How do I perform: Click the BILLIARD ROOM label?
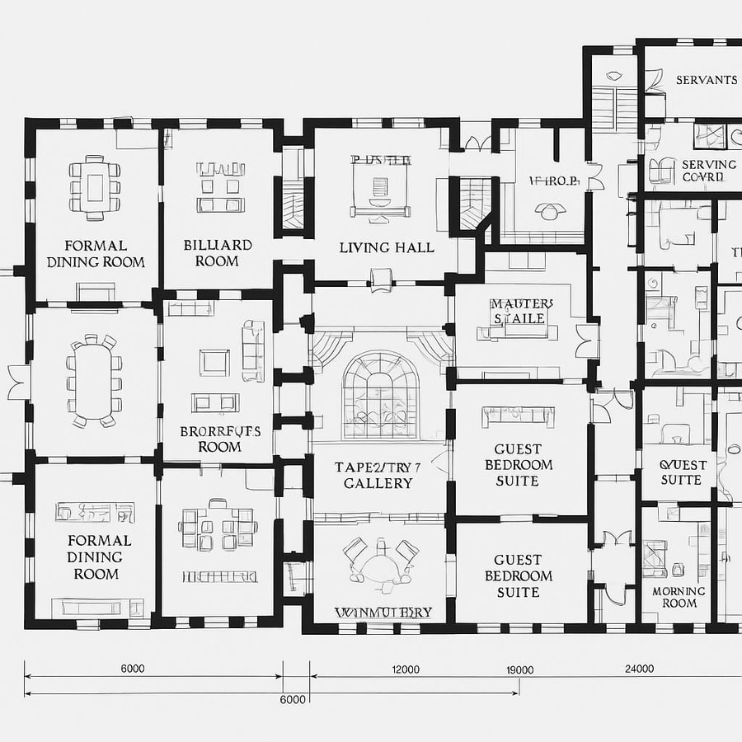(218, 253)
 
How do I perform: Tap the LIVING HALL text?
(387, 247)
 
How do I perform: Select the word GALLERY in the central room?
(378, 483)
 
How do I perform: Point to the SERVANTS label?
(707, 80)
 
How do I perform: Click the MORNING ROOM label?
(679, 597)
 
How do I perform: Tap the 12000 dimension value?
(406, 669)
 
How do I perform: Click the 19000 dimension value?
(520, 669)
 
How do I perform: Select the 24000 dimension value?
(640, 669)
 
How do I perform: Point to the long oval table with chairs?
(94, 381)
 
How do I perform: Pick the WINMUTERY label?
(383, 613)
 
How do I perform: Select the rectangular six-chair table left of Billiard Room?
(92, 186)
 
